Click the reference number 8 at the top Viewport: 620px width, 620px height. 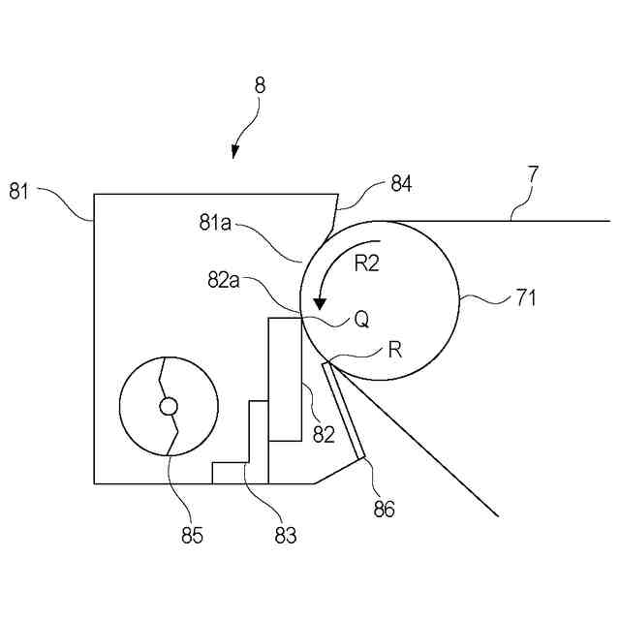pos(260,85)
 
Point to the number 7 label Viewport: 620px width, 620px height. pos(533,175)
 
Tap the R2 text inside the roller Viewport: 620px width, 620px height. pos(366,264)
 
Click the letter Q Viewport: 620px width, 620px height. pos(361,319)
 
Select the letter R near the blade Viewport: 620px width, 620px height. pos(395,350)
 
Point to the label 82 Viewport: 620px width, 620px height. pos(324,434)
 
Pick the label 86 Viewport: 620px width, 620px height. pos(384,507)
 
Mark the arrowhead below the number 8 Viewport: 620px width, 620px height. pos(234,151)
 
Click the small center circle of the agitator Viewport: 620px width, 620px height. pos(168,405)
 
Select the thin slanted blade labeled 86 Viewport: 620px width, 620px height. pos(344,408)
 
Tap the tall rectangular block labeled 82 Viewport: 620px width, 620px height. pos(285,378)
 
